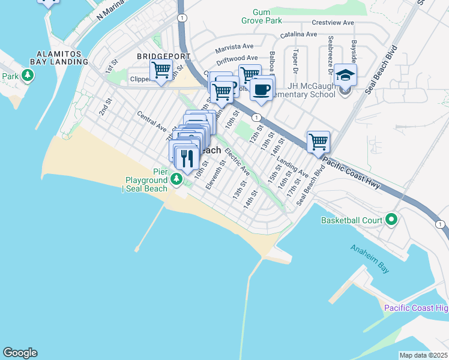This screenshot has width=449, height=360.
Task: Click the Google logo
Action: [x=20, y=353]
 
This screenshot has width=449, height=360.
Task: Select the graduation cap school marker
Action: [x=346, y=76]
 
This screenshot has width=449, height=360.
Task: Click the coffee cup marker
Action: [x=262, y=89]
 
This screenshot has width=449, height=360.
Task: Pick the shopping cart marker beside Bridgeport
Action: [x=161, y=70]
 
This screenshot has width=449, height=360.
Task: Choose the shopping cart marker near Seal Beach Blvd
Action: [x=318, y=143]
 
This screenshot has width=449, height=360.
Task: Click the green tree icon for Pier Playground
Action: [x=175, y=178]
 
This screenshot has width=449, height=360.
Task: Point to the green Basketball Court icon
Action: [x=391, y=220]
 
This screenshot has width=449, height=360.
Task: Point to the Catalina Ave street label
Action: [x=296, y=34]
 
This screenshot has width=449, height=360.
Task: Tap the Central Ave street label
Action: [x=151, y=120]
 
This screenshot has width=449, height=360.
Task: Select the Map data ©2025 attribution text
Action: [x=423, y=355]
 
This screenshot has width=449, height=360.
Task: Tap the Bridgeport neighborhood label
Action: [x=163, y=56]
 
